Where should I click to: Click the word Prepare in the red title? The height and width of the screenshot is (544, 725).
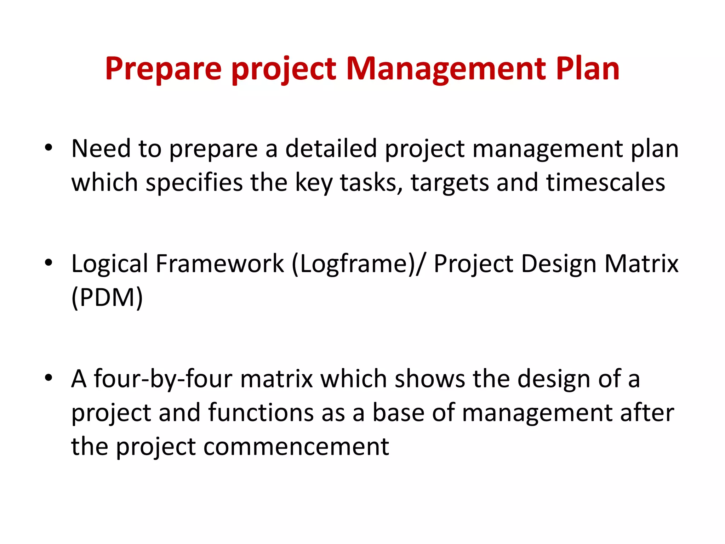(x=163, y=69)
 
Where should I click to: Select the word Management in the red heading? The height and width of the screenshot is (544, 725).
(x=446, y=69)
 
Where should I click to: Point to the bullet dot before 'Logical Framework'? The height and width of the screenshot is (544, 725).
(x=49, y=262)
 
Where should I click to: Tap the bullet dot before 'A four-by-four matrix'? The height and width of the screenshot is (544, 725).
(x=49, y=378)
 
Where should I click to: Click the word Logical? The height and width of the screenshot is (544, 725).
(x=109, y=264)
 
